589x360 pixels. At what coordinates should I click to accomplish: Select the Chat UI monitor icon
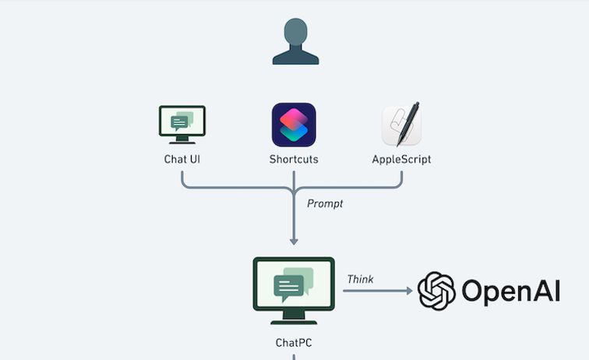click(x=182, y=125)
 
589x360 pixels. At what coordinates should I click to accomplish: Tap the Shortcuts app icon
click(x=294, y=125)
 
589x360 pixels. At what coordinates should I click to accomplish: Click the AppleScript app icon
click(x=402, y=125)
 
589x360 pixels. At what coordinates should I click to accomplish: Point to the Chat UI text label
click(x=182, y=160)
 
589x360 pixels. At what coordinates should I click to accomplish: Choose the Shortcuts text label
click(x=294, y=160)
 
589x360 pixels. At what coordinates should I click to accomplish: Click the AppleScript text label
click(x=402, y=160)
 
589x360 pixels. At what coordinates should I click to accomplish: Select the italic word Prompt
click(x=325, y=203)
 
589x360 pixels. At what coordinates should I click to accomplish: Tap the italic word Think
click(x=360, y=279)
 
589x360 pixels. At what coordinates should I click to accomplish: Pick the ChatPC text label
click(x=294, y=342)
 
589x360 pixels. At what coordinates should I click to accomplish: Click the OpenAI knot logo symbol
click(x=436, y=291)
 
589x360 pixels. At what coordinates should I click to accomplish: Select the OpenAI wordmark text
click(x=510, y=291)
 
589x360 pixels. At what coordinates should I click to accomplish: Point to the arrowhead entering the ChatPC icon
click(x=294, y=240)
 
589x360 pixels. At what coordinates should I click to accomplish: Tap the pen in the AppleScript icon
click(x=408, y=123)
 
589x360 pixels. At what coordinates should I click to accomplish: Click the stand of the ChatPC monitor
click(x=294, y=316)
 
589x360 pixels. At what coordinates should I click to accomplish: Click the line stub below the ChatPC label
click(x=294, y=356)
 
